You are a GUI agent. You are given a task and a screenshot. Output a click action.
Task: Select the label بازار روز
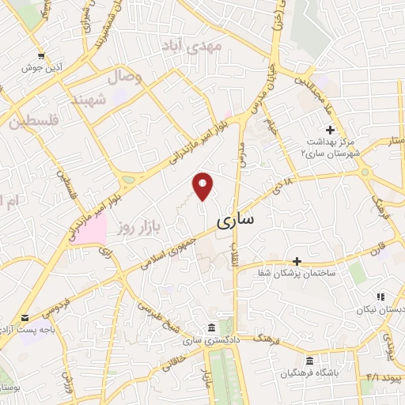coord(134,227)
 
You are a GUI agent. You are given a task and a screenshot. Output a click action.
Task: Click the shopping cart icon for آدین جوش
coord(40,57)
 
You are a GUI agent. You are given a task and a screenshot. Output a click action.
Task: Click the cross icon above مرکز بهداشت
coord(330,130)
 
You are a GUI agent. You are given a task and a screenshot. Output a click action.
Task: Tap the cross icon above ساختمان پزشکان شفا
coord(297,260)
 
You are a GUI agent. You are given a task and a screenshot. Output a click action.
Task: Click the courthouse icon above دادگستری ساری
coord(210,327)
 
